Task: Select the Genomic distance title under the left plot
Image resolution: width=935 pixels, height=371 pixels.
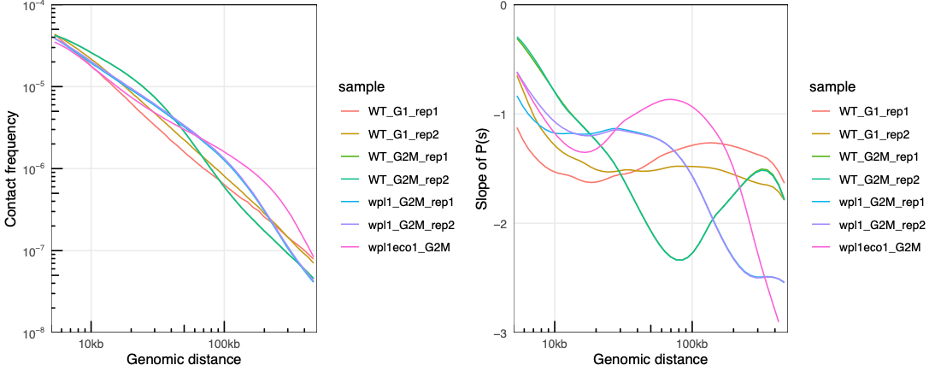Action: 184,360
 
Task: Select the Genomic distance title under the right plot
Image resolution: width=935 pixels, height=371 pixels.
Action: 650,360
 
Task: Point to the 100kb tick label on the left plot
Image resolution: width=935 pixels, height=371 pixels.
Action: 224,344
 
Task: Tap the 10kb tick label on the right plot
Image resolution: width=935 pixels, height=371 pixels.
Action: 555,344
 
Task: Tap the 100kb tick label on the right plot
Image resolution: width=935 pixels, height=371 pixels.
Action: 691,344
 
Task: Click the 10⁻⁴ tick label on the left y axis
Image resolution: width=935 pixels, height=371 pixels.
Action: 37,7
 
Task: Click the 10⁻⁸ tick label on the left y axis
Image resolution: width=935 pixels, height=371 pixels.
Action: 37,333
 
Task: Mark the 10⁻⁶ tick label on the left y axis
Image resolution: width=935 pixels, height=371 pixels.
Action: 37,169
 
